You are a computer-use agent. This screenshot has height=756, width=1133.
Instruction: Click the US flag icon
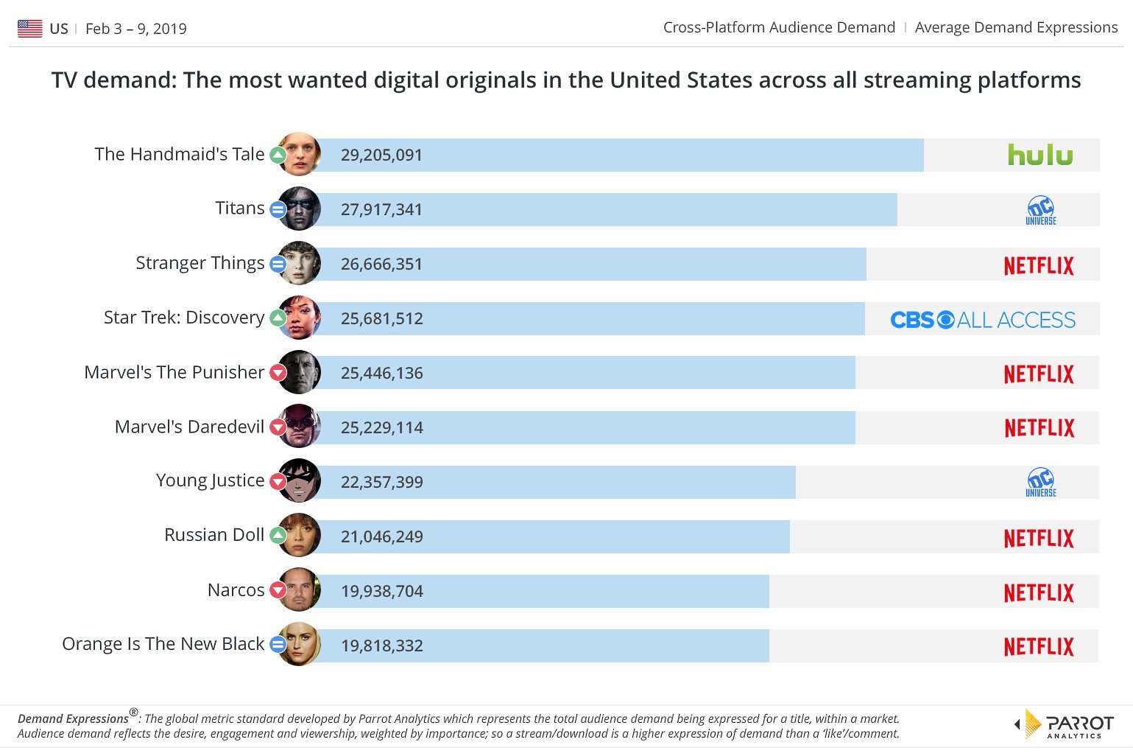pos(30,29)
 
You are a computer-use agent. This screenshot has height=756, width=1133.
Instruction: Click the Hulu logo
pos(1040,155)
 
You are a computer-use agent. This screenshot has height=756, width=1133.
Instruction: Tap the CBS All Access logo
pos(982,320)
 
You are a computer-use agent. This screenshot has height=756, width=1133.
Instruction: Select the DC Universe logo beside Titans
pos(1040,211)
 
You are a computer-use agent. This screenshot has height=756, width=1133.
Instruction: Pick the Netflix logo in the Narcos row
pos(1039,592)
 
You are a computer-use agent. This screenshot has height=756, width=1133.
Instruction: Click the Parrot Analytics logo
pos(1065,724)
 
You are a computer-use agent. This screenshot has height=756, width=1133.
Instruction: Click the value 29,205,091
pos(381,155)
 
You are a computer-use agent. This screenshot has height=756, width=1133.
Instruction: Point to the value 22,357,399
pos(381,483)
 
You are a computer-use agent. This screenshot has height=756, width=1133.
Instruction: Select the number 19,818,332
pos(381,646)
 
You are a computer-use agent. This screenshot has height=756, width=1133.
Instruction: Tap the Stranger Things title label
pos(200,263)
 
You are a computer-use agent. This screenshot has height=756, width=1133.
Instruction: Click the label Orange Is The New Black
pos(163,644)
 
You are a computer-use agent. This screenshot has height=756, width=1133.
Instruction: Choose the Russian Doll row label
pos(213,535)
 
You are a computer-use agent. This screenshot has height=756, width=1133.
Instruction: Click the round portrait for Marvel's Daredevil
pos(300,427)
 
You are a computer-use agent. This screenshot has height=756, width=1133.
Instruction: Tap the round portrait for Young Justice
pos(300,481)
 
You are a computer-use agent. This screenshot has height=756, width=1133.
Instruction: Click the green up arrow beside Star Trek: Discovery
pos(278,318)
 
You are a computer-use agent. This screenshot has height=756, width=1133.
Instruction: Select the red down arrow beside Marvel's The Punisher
pos(278,373)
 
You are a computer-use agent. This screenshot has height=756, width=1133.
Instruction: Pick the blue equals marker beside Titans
pos(278,209)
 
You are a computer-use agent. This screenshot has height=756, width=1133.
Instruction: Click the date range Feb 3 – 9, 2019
pos(136,29)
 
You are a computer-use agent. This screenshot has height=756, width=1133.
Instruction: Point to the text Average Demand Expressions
pos(1016,27)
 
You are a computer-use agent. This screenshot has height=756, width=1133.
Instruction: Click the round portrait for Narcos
pos(300,590)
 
